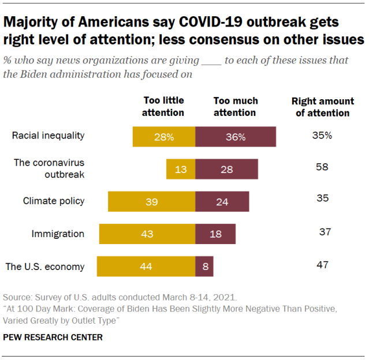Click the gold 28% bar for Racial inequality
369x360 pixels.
164,137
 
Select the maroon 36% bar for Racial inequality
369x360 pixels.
236,137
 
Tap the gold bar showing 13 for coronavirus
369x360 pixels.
181,169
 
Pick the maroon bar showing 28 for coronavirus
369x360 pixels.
226,169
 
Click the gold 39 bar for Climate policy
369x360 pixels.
151,201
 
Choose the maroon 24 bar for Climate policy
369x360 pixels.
222,201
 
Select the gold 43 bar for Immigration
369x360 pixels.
147,234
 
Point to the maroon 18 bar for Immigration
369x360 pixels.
215,234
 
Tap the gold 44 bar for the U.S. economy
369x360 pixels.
146,267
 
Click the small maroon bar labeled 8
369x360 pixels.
204,267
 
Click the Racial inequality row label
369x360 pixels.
49,136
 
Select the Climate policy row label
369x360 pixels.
54,201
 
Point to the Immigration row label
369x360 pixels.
58,234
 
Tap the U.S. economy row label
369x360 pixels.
45,267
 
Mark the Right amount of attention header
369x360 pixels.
322,107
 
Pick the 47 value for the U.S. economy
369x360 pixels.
322,265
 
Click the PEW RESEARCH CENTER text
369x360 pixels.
53,337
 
